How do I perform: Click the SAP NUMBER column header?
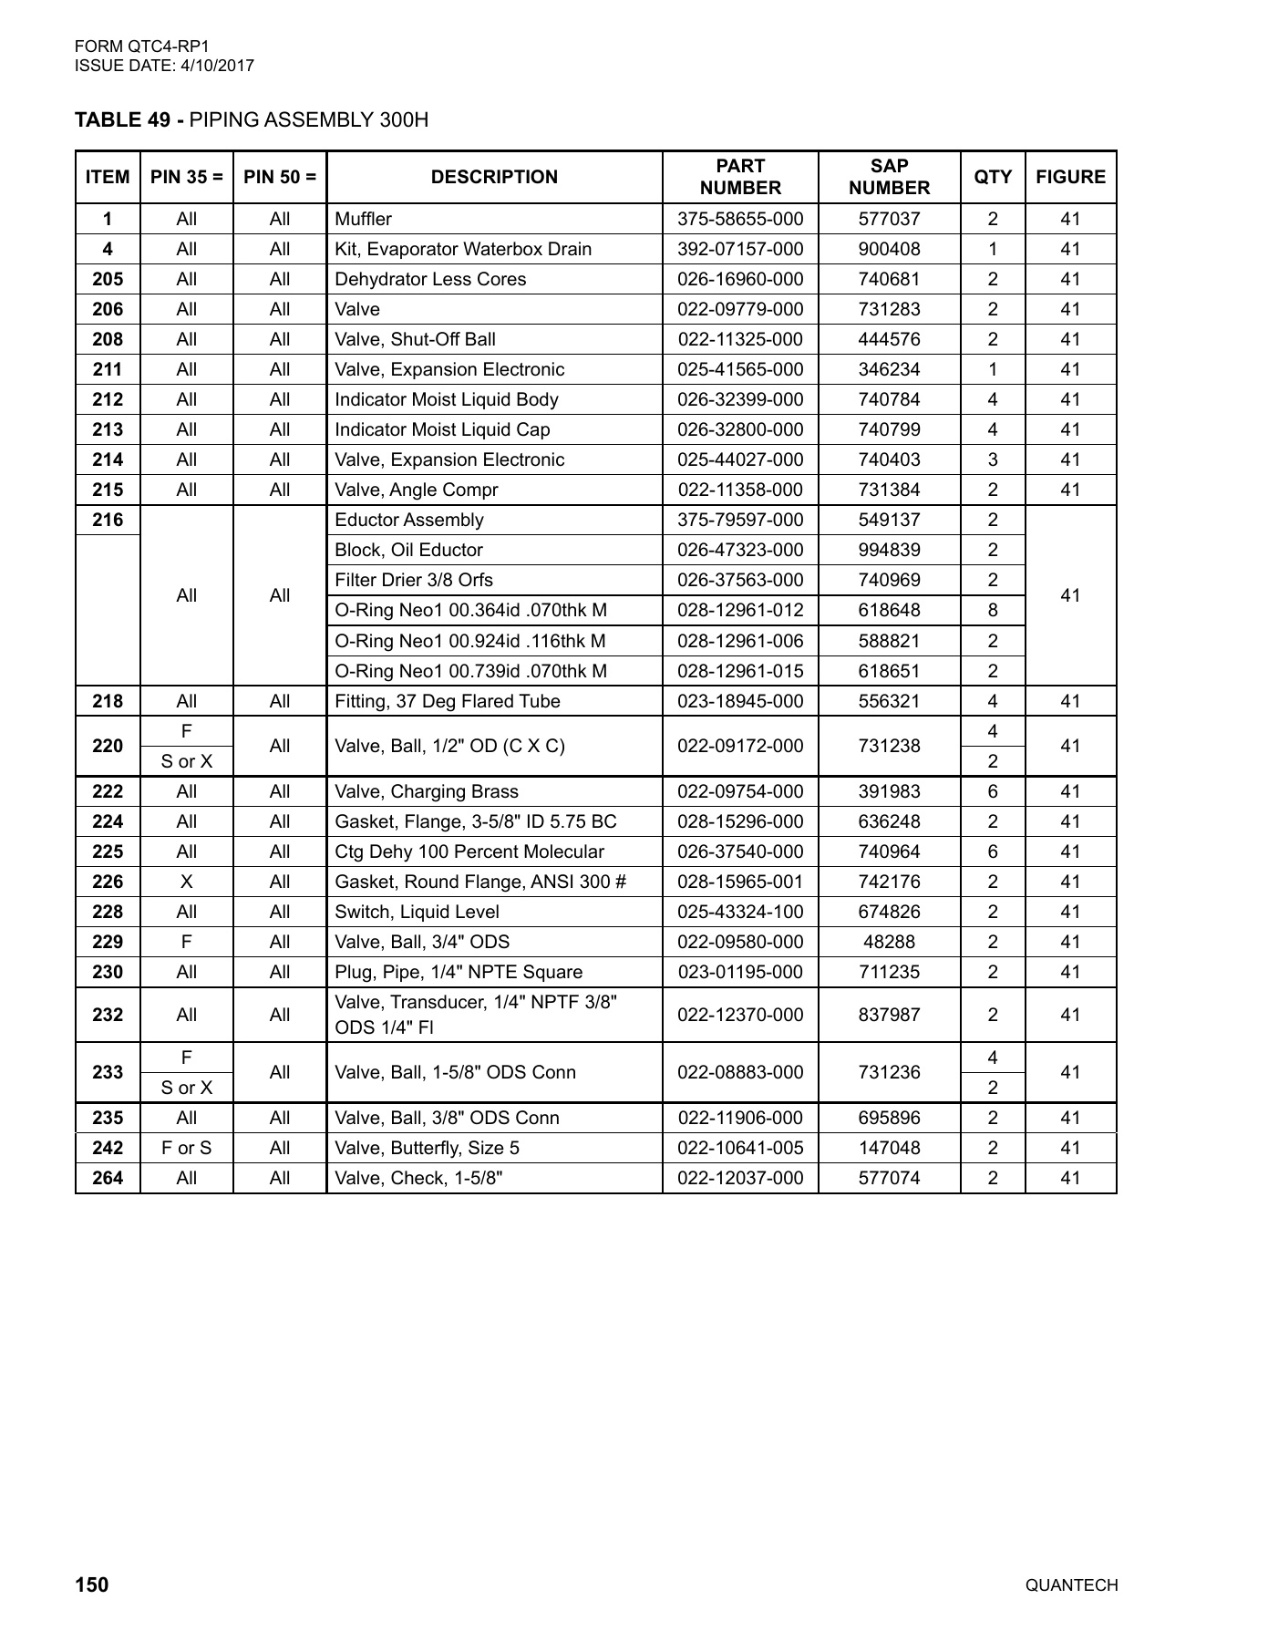(x=889, y=177)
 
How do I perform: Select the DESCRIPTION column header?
(x=494, y=177)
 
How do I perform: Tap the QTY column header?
(x=993, y=177)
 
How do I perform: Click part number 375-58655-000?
(x=740, y=219)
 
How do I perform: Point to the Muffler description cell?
(x=364, y=219)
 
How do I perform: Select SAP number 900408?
(x=889, y=249)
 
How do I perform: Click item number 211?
(x=108, y=369)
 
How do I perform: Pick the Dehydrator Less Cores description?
(x=430, y=279)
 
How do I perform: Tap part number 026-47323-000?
(x=740, y=550)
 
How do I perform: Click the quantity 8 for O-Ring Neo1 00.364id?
(x=993, y=610)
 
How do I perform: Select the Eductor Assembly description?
(x=409, y=520)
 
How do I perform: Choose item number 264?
(x=108, y=1178)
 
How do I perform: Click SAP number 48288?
(x=889, y=942)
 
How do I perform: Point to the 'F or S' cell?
(x=186, y=1148)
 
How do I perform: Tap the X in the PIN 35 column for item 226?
(x=186, y=882)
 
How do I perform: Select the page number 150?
(x=91, y=1584)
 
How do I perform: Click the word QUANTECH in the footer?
(x=1071, y=1585)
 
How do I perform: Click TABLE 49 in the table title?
(x=121, y=120)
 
